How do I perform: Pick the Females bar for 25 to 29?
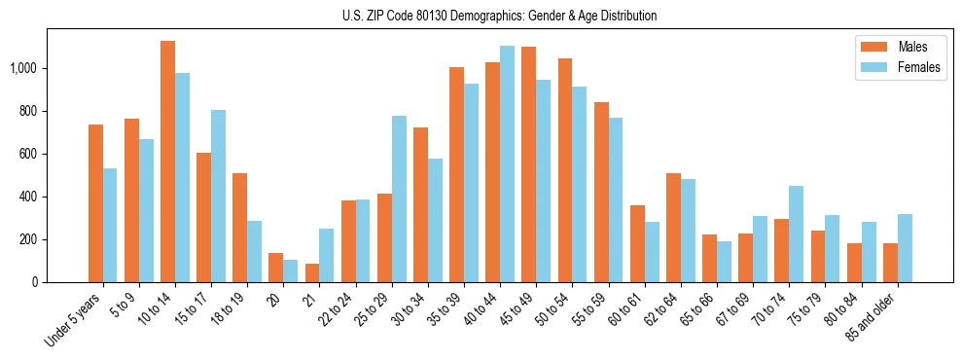(x=399, y=198)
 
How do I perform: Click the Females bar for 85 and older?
(x=905, y=248)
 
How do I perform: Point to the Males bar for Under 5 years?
(x=95, y=203)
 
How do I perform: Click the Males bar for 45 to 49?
(x=528, y=164)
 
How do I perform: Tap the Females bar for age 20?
(x=290, y=270)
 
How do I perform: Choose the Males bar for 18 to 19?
(x=240, y=228)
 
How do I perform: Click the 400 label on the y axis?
(x=29, y=197)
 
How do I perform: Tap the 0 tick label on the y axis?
(x=35, y=282)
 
